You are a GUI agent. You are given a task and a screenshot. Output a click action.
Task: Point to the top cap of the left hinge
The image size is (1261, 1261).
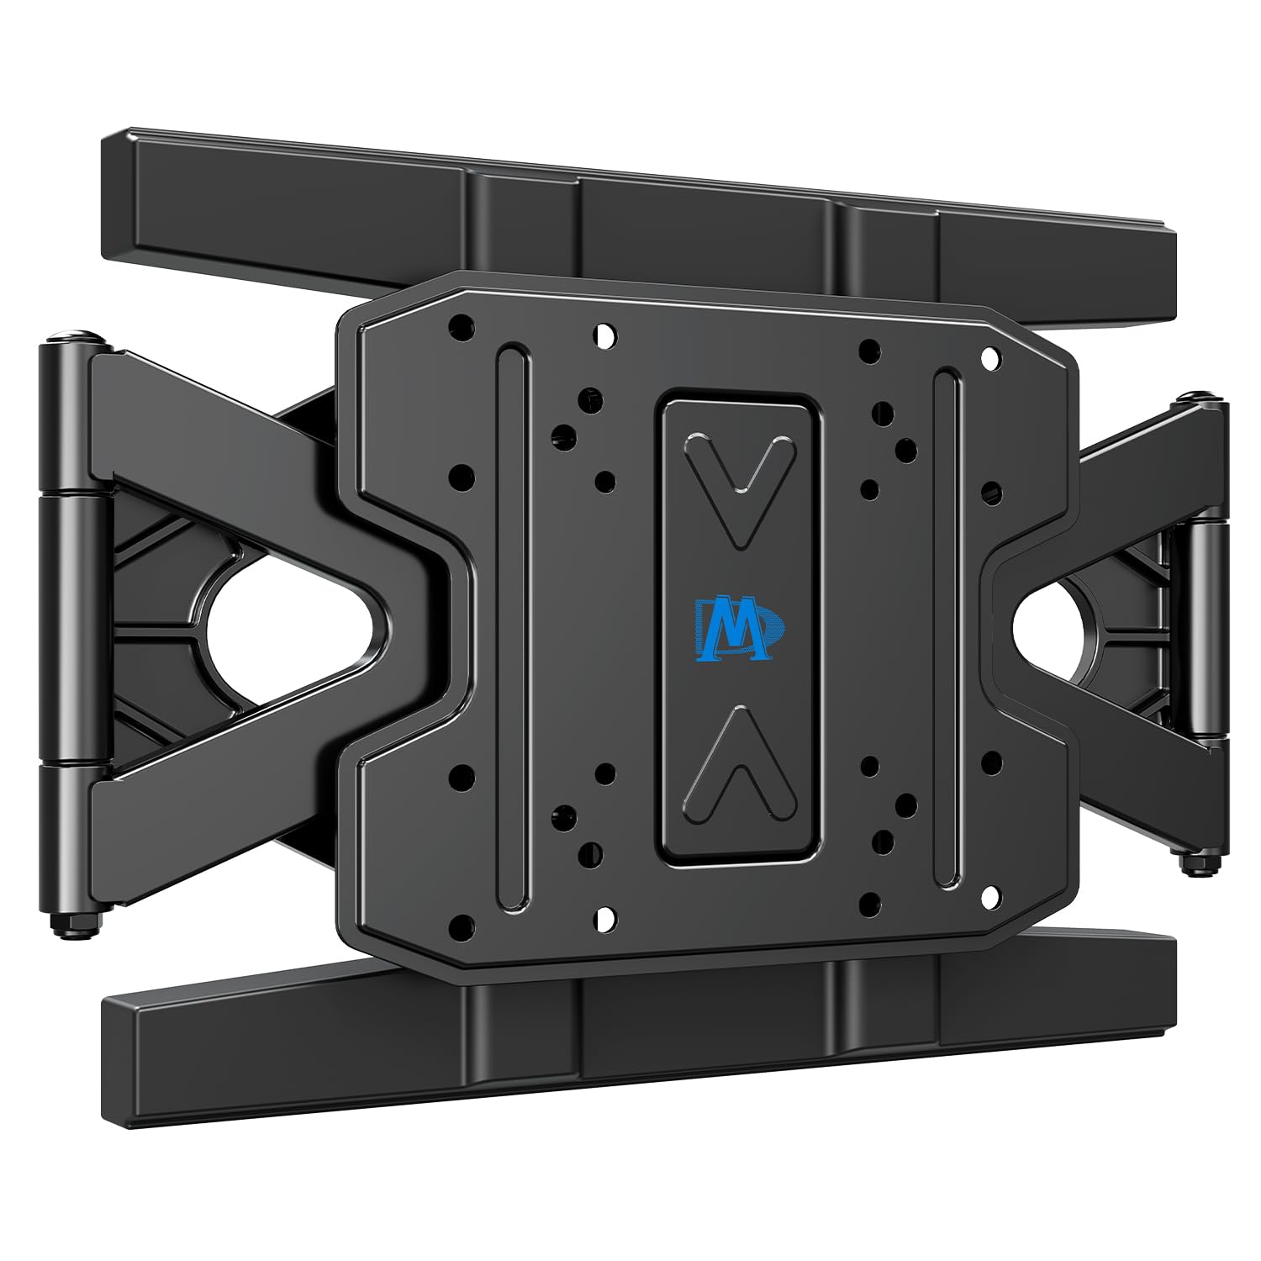click(76, 338)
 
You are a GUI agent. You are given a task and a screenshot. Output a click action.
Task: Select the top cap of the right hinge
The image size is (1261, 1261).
click(1200, 398)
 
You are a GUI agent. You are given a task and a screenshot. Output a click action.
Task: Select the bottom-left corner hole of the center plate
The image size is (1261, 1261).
click(462, 928)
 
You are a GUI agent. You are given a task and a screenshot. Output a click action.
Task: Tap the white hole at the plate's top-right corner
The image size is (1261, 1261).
click(991, 359)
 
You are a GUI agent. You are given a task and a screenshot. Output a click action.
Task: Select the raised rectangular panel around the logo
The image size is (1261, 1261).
click(739, 627)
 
